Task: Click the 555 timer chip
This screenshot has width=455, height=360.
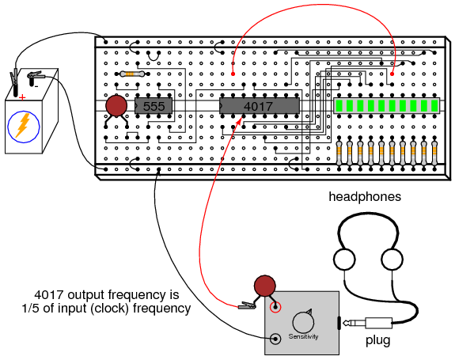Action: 154,106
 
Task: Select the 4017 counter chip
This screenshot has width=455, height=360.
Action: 260,106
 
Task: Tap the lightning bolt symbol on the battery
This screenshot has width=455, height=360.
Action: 23,125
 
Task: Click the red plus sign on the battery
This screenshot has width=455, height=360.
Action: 22,97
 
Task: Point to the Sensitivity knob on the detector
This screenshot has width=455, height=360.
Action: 303,322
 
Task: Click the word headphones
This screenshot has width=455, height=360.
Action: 365,197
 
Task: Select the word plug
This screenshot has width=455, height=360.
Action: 377,340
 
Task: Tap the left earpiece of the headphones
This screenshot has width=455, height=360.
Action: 344,259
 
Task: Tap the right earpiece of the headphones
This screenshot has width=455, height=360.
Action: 392,259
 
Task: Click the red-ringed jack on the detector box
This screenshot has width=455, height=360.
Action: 275,307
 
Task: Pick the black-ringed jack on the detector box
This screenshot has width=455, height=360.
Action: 275,339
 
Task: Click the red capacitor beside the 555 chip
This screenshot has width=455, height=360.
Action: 116,105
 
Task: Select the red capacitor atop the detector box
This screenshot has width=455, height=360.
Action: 264,286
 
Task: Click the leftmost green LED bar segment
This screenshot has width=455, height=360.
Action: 339,106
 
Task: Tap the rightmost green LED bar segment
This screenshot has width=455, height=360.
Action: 434,106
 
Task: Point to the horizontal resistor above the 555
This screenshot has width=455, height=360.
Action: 132,74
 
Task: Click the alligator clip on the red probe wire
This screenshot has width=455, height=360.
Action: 247,305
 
